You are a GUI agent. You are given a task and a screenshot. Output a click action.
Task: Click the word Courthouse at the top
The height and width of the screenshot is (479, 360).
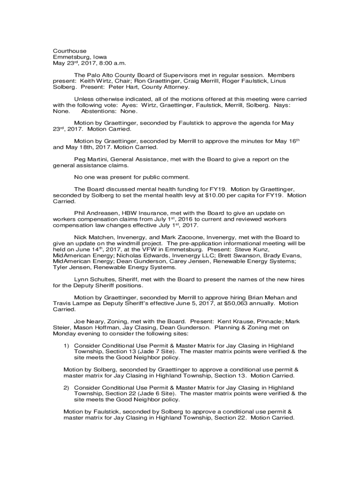click(70, 51)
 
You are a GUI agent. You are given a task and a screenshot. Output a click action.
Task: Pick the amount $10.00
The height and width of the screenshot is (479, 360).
click(207, 195)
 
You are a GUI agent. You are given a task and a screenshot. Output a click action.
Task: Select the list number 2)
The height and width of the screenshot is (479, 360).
click(67, 388)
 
